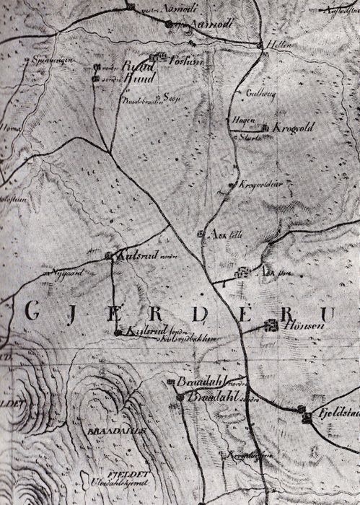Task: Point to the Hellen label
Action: click(x=281, y=45)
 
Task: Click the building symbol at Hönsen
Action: click(x=272, y=325)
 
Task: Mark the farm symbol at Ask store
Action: click(x=243, y=273)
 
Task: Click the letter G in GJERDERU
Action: click(x=32, y=311)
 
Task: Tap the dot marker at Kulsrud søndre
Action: click(x=118, y=333)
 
